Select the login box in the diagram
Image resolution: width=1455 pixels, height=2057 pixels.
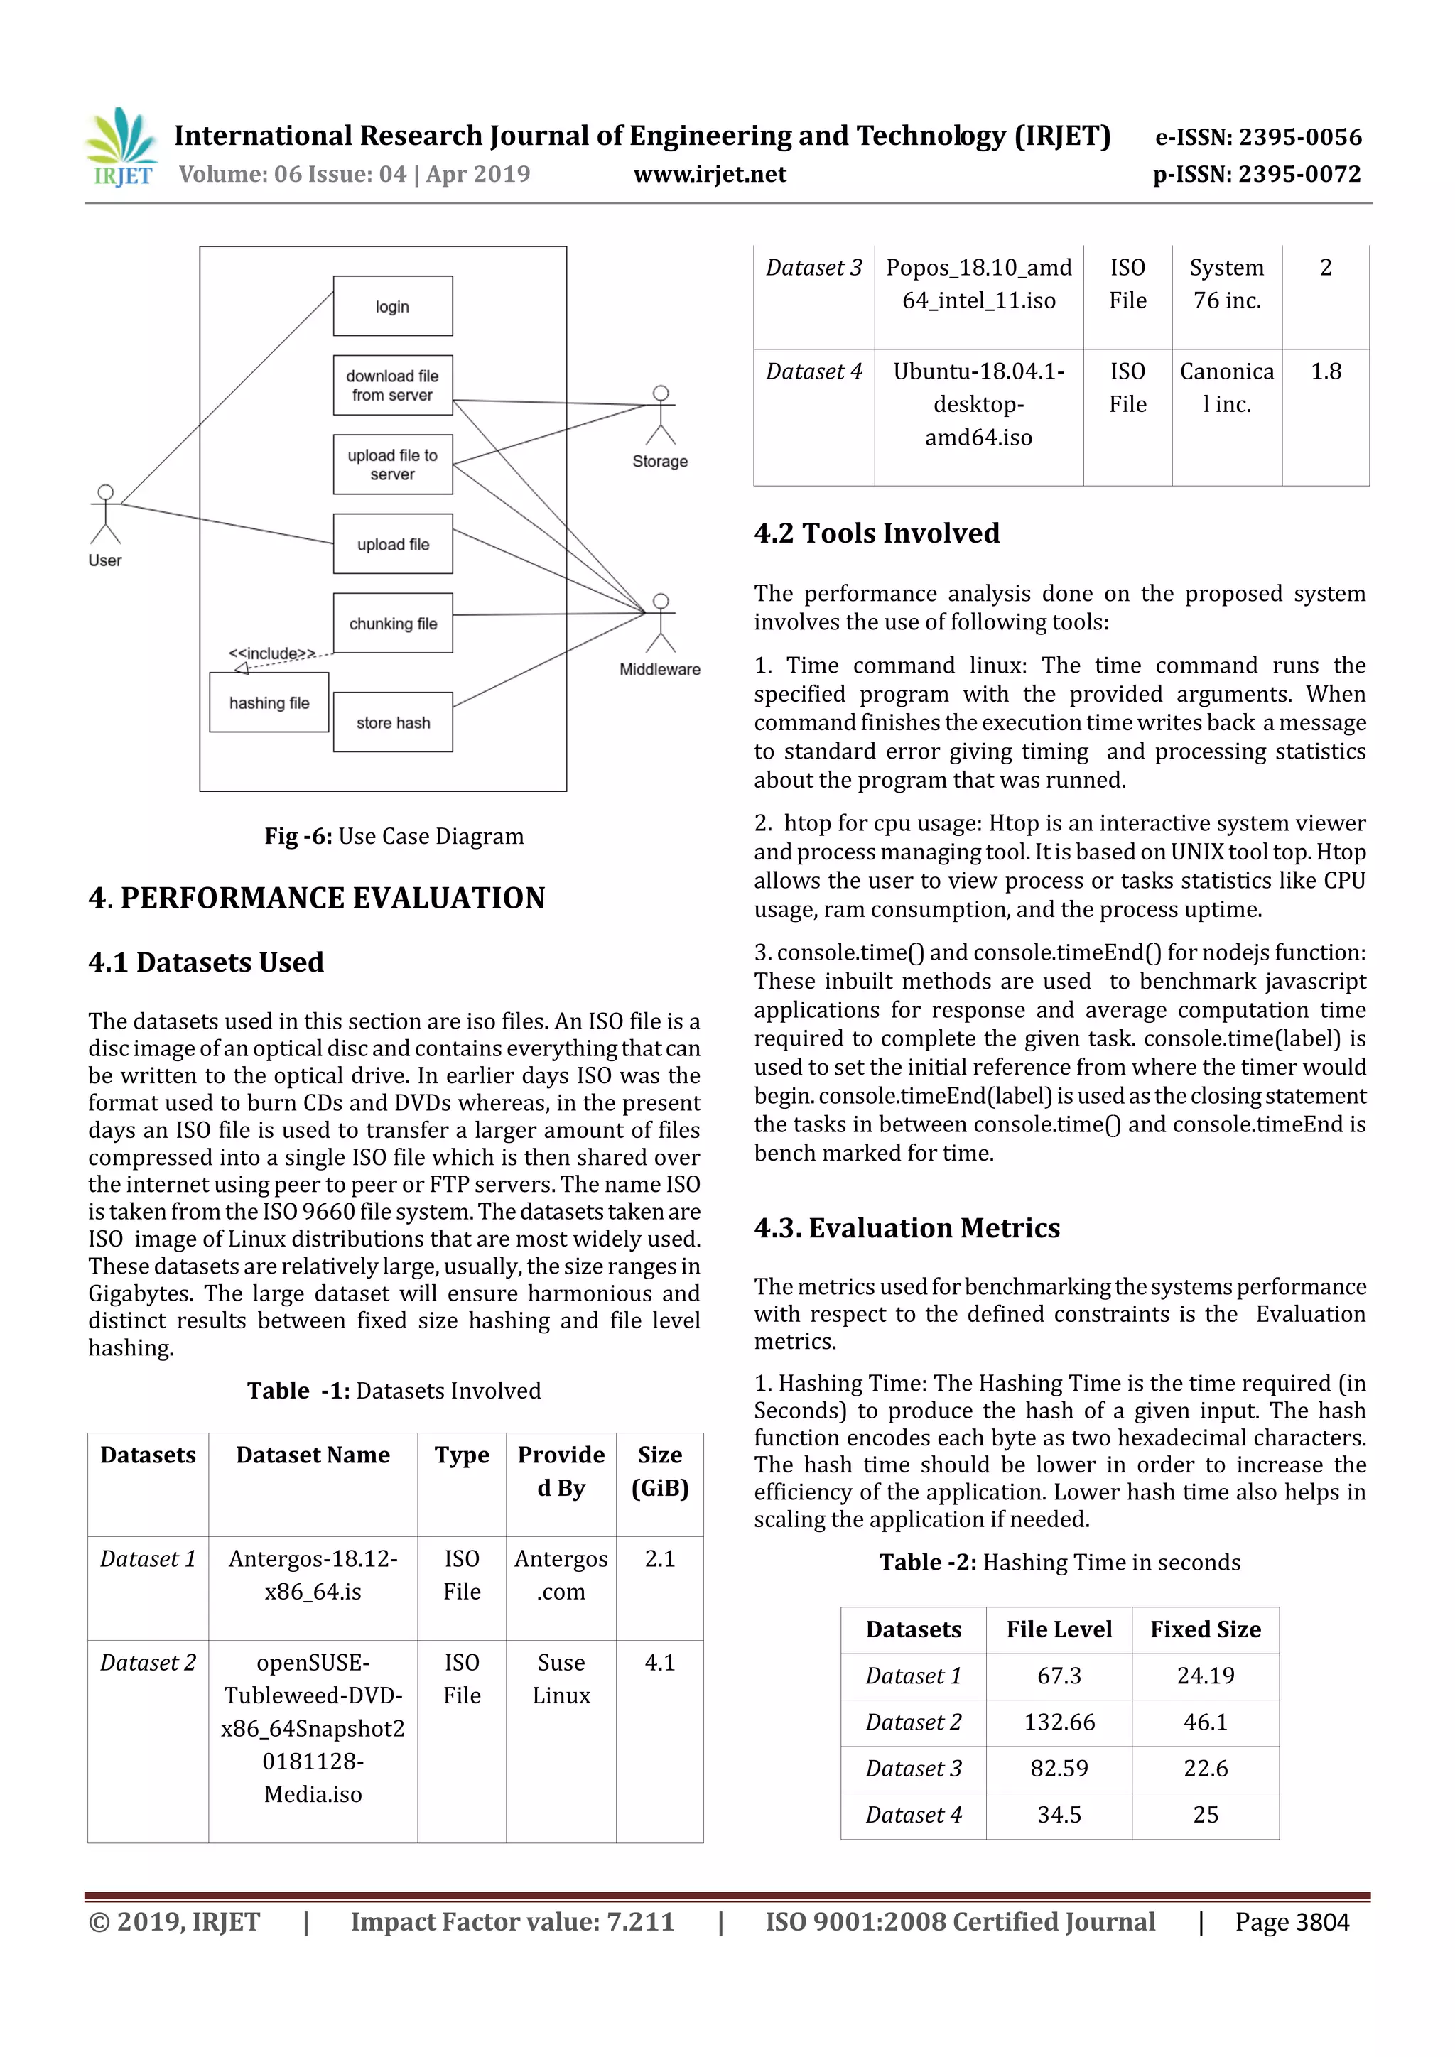(x=392, y=306)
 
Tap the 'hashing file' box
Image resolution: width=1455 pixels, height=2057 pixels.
(x=269, y=703)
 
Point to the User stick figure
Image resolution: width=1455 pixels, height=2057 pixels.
(x=106, y=516)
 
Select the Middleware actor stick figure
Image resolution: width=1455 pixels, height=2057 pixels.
(x=660, y=624)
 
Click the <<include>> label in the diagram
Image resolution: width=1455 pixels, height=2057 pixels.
(x=271, y=653)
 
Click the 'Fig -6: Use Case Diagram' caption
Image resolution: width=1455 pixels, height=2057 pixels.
(x=394, y=836)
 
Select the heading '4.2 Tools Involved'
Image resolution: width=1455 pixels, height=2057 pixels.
(x=876, y=533)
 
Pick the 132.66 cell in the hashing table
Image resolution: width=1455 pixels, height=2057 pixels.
(x=1059, y=1722)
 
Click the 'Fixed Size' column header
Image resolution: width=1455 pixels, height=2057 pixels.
(x=1205, y=1629)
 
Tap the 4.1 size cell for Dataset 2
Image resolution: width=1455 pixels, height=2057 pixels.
(x=659, y=1663)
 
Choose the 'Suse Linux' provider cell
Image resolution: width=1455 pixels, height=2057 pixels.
(x=561, y=1679)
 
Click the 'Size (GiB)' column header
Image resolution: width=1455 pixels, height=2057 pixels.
(x=659, y=1471)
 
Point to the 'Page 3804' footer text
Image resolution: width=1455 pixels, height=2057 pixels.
(x=1291, y=1922)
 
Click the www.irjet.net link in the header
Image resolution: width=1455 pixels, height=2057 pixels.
(x=710, y=174)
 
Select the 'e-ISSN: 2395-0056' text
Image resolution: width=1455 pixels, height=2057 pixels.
(x=1258, y=137)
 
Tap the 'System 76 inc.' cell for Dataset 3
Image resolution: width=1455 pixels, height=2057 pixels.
(x=1226, y=284)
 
